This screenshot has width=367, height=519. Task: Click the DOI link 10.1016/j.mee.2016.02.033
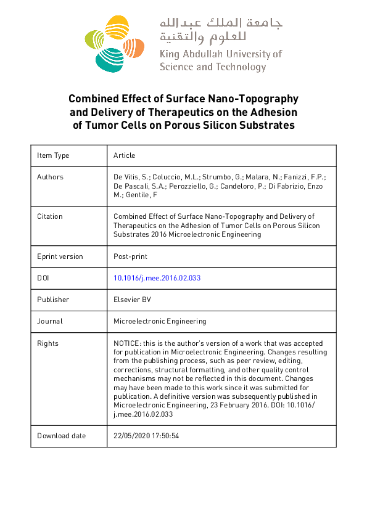(157, 278)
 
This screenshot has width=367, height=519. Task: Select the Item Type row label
(53, 155)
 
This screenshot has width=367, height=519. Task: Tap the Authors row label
(50, 177)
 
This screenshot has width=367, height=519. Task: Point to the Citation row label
(50, 216)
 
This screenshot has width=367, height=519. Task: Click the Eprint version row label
(60, 256)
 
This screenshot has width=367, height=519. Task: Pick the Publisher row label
(53, 300)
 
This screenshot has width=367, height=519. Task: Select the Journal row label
(50, 321)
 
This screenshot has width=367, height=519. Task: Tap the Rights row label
(47, 343)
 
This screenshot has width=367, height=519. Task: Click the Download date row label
(61, 436)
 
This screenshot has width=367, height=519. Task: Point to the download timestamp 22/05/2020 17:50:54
(146, 436)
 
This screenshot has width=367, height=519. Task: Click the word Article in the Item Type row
(124, 155)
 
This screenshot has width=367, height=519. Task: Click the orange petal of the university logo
(136, 46)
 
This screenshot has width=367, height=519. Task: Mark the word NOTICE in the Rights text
(127, 343)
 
